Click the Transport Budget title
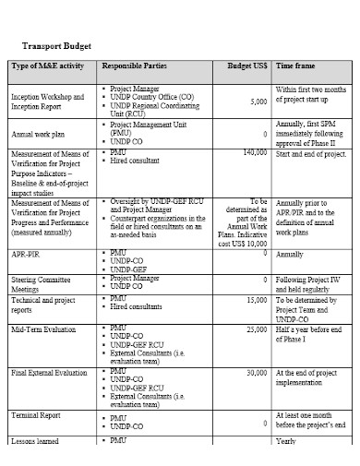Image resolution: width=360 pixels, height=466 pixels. pyautogui.click(x=57, y=44)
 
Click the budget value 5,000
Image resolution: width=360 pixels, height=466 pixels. pyautogui.click(x=258, y=102)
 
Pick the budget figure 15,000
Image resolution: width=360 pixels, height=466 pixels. pyautogui.click(x=257, y=299)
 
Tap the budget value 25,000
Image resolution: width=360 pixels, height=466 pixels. pyautogui.click(x=257, y=328)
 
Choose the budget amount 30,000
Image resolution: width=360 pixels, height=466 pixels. pyautogui.click(x=257, y=372)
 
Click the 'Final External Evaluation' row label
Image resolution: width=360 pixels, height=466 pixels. pyautogui.click(x=49, y=373)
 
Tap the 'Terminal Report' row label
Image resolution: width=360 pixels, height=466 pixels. pyautogui.click(x=36, y=416)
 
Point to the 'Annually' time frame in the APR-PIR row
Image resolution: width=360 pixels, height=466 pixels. pyautogui.click(x=290, y=254)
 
